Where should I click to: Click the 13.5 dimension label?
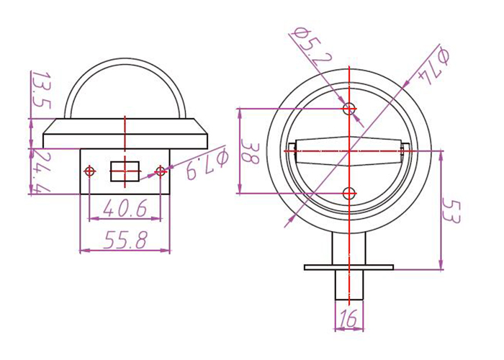click(x=42, y=90)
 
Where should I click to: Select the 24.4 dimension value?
click(x=42, y=173)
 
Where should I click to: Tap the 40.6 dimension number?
click(x=125, y=207)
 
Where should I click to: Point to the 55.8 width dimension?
click(x=125, y=240)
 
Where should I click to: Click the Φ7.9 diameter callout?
click(x=207, y=164)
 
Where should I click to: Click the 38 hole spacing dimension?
click(x=249, y=152)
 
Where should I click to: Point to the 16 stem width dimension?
click(x=348, y=318)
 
